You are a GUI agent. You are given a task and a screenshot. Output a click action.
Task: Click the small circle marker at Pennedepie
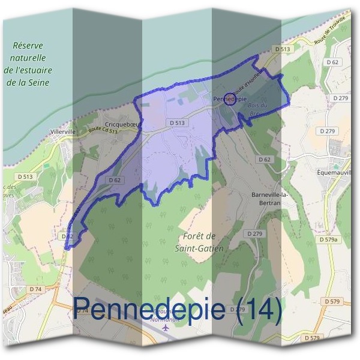229,99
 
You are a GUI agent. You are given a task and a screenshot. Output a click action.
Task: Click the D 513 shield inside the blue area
177,122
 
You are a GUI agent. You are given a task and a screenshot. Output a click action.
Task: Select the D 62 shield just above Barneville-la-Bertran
264,159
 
